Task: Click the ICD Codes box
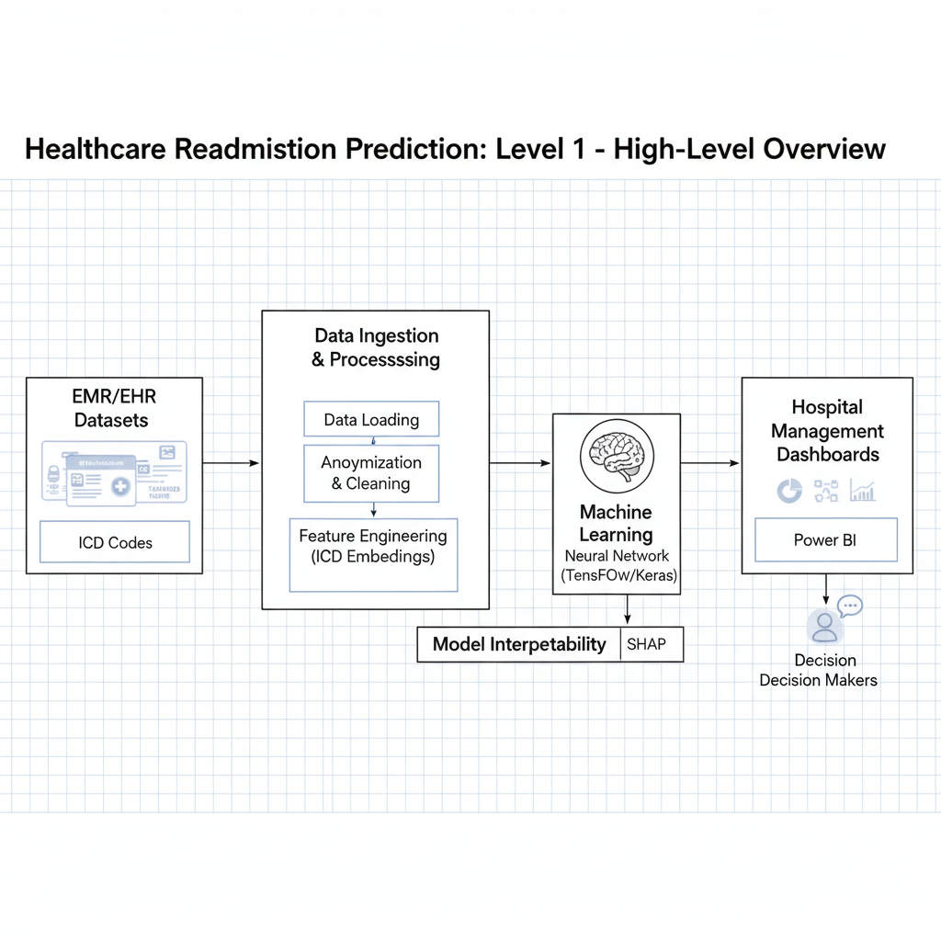[x=115, y=542]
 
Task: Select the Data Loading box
[x=371, y=420]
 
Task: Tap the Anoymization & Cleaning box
[x=371, y=473]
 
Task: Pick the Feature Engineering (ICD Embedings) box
[x=373, y=555]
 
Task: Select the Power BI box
[x=825, y=539]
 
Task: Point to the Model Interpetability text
[x=519, y=644]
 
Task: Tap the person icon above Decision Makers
[x=824, y=628]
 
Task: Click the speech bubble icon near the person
[x=851, y=606]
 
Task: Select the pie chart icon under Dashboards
[x=789, y=491]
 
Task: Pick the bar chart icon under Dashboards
[x=862, y=491]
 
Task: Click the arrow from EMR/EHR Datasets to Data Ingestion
[x=232, y=463]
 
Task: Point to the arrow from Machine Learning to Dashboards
[x=710, y=463]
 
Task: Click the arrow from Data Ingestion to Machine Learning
[x=520, y=463]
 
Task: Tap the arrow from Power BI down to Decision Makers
[x=826, y=589]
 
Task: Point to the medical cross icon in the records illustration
[x=120, y=486]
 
